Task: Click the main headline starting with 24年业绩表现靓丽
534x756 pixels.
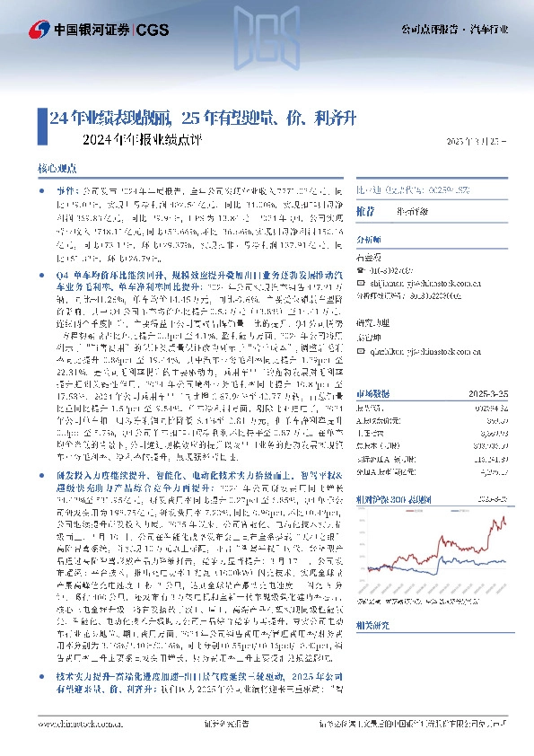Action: point(205,118)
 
